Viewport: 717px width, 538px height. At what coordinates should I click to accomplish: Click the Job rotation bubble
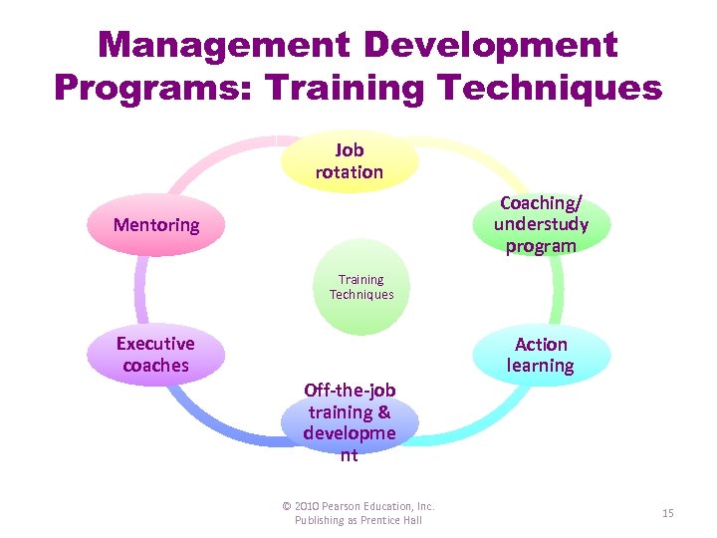pos(350,160)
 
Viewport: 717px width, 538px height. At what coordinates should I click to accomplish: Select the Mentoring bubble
pos(156,224)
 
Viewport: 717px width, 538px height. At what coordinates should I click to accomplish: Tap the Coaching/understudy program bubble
pos(541,224)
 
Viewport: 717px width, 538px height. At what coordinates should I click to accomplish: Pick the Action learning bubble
pos(541,355)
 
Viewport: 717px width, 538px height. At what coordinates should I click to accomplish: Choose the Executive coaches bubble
pos(155,355)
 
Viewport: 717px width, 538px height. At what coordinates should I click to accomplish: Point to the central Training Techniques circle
pos(361,287)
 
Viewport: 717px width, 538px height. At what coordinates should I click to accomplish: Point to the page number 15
pos(668,513)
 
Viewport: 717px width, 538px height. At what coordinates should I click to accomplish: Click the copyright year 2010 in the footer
pos(313,506)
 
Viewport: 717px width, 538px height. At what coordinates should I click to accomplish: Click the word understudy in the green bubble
pos(541,224)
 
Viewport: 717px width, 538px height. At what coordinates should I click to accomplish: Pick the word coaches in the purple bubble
pos(155,366)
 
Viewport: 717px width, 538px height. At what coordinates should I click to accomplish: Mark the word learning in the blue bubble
pos(541,366)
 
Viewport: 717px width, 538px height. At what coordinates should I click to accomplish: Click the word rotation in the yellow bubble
pos(350,171)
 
